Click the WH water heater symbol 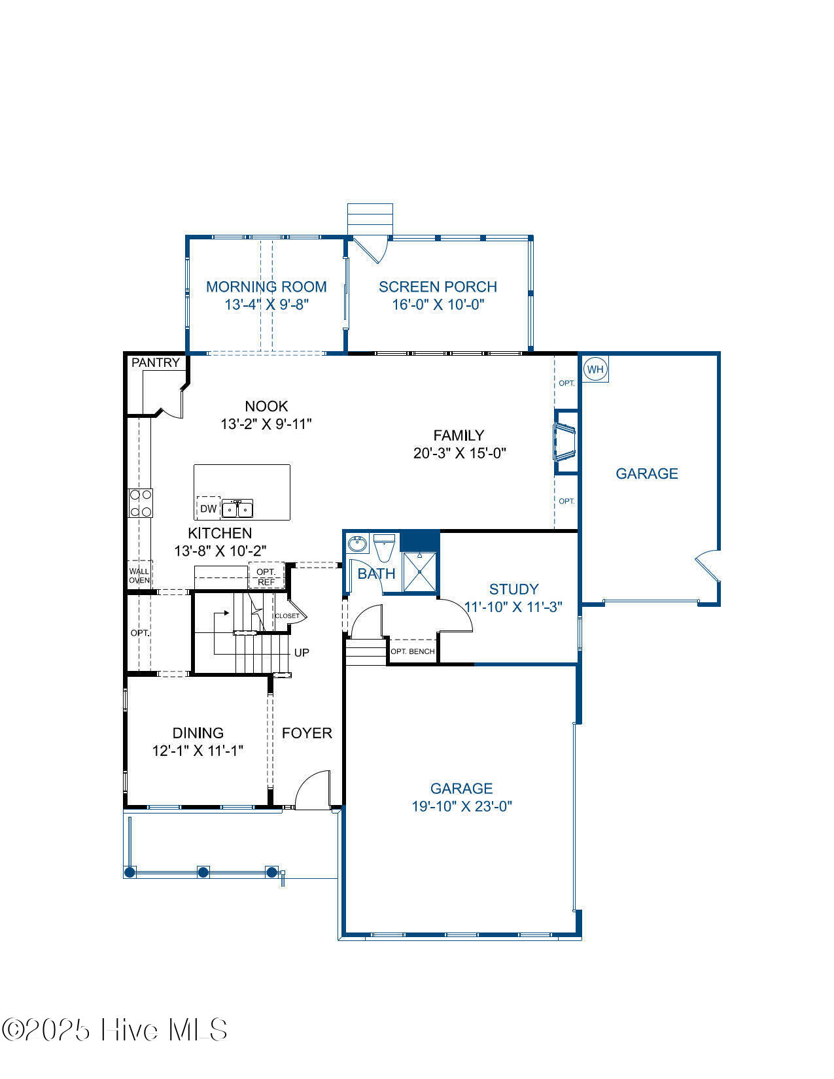595,369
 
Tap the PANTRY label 156,362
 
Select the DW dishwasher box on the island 209,508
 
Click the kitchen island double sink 237,509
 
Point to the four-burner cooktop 141,503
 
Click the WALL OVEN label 139,576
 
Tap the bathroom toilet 384,548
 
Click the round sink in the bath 357,543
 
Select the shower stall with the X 420,572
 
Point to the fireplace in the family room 565,442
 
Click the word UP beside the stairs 302,653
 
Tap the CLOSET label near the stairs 287,616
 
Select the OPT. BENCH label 412,651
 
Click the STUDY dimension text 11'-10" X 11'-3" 513,607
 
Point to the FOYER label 307,733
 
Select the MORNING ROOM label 266,286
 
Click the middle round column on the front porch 203,872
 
